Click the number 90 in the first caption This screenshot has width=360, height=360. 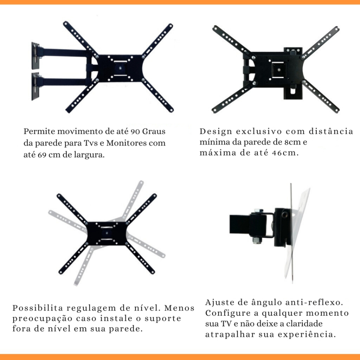click(x=135, y=131)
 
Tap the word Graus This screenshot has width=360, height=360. click(x=154, y=131)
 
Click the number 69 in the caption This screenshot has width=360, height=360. click(x=42, y=155)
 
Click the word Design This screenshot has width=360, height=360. click(x=216, y=131)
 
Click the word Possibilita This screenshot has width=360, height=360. click(x=38, y=308)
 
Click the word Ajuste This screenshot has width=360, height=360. click(x=220, y=302)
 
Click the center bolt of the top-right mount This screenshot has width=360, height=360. click(x=279, y=69)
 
